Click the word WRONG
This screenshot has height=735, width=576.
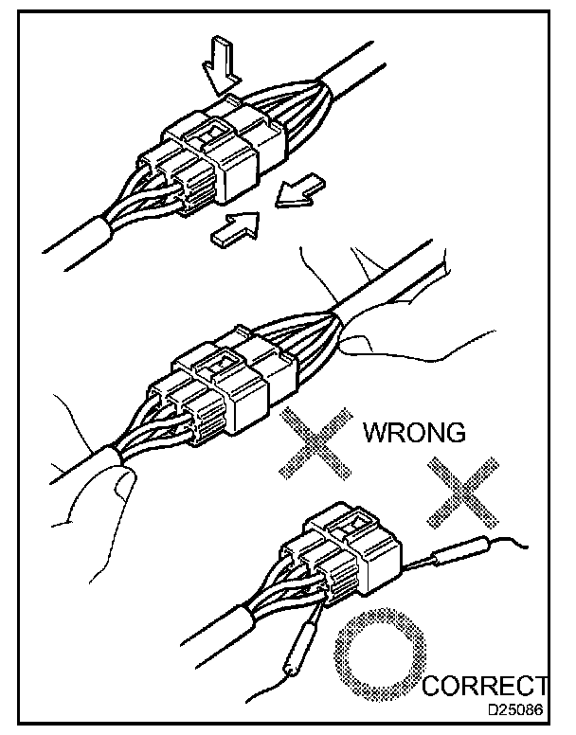click(414, 434)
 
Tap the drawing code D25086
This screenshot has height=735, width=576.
click(517, 708)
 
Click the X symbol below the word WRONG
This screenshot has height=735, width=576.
click(461, 491)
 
